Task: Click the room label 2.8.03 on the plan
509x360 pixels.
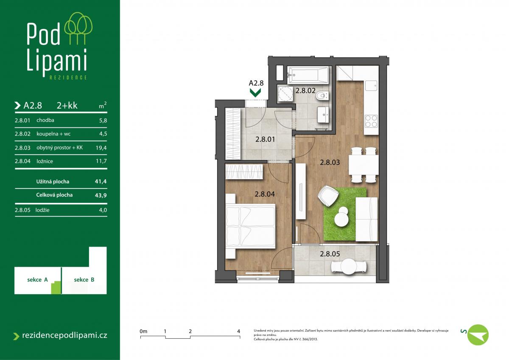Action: point(330,162)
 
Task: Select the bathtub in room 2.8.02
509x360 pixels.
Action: point(308,74)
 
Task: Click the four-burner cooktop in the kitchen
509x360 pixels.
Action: point(371,121)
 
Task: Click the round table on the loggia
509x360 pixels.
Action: point(349,267)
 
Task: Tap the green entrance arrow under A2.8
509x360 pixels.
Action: point(255,93)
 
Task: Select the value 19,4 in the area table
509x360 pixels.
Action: point(101,148)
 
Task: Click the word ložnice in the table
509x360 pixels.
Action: point(45,161)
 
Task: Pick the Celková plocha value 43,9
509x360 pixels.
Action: point(101,195)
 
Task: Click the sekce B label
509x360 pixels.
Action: point(84,279)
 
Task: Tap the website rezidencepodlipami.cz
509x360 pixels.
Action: point(64,335)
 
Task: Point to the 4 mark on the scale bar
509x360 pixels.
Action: point(238,331)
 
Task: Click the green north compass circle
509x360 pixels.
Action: point(478,335)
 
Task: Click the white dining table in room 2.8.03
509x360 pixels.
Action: point(364,165)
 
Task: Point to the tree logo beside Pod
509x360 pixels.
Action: point(78,28)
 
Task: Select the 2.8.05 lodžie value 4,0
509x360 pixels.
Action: point(103,210)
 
